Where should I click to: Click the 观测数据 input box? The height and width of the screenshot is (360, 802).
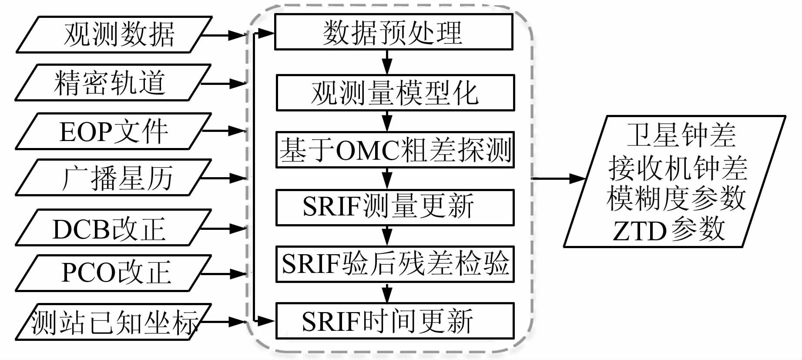[114, 35]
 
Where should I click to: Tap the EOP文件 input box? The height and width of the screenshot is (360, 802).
[113, 131]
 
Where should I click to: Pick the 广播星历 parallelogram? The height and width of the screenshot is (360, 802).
[113, 178]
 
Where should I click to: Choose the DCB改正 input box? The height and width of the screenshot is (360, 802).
[113, 228]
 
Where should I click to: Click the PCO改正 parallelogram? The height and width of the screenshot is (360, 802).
[113, 273]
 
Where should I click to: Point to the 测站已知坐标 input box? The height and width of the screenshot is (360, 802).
[113, 322]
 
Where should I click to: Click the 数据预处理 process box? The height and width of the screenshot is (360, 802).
[393, 32]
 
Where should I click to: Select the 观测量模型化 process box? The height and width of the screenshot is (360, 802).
[395, 92]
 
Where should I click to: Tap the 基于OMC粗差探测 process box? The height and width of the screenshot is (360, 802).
[395, 150]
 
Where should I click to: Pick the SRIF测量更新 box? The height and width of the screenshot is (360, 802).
[395, 207]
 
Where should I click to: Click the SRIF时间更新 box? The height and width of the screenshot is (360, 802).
[395, 321]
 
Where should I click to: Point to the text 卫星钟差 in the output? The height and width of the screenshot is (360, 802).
[681, 135]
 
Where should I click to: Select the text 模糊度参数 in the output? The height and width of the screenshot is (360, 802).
[676, 199]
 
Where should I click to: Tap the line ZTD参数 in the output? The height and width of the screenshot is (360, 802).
[669, 230]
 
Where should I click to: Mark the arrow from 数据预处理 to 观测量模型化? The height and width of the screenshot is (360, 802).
[387, 62]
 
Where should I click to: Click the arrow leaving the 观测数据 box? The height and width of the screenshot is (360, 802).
[226, 35]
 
